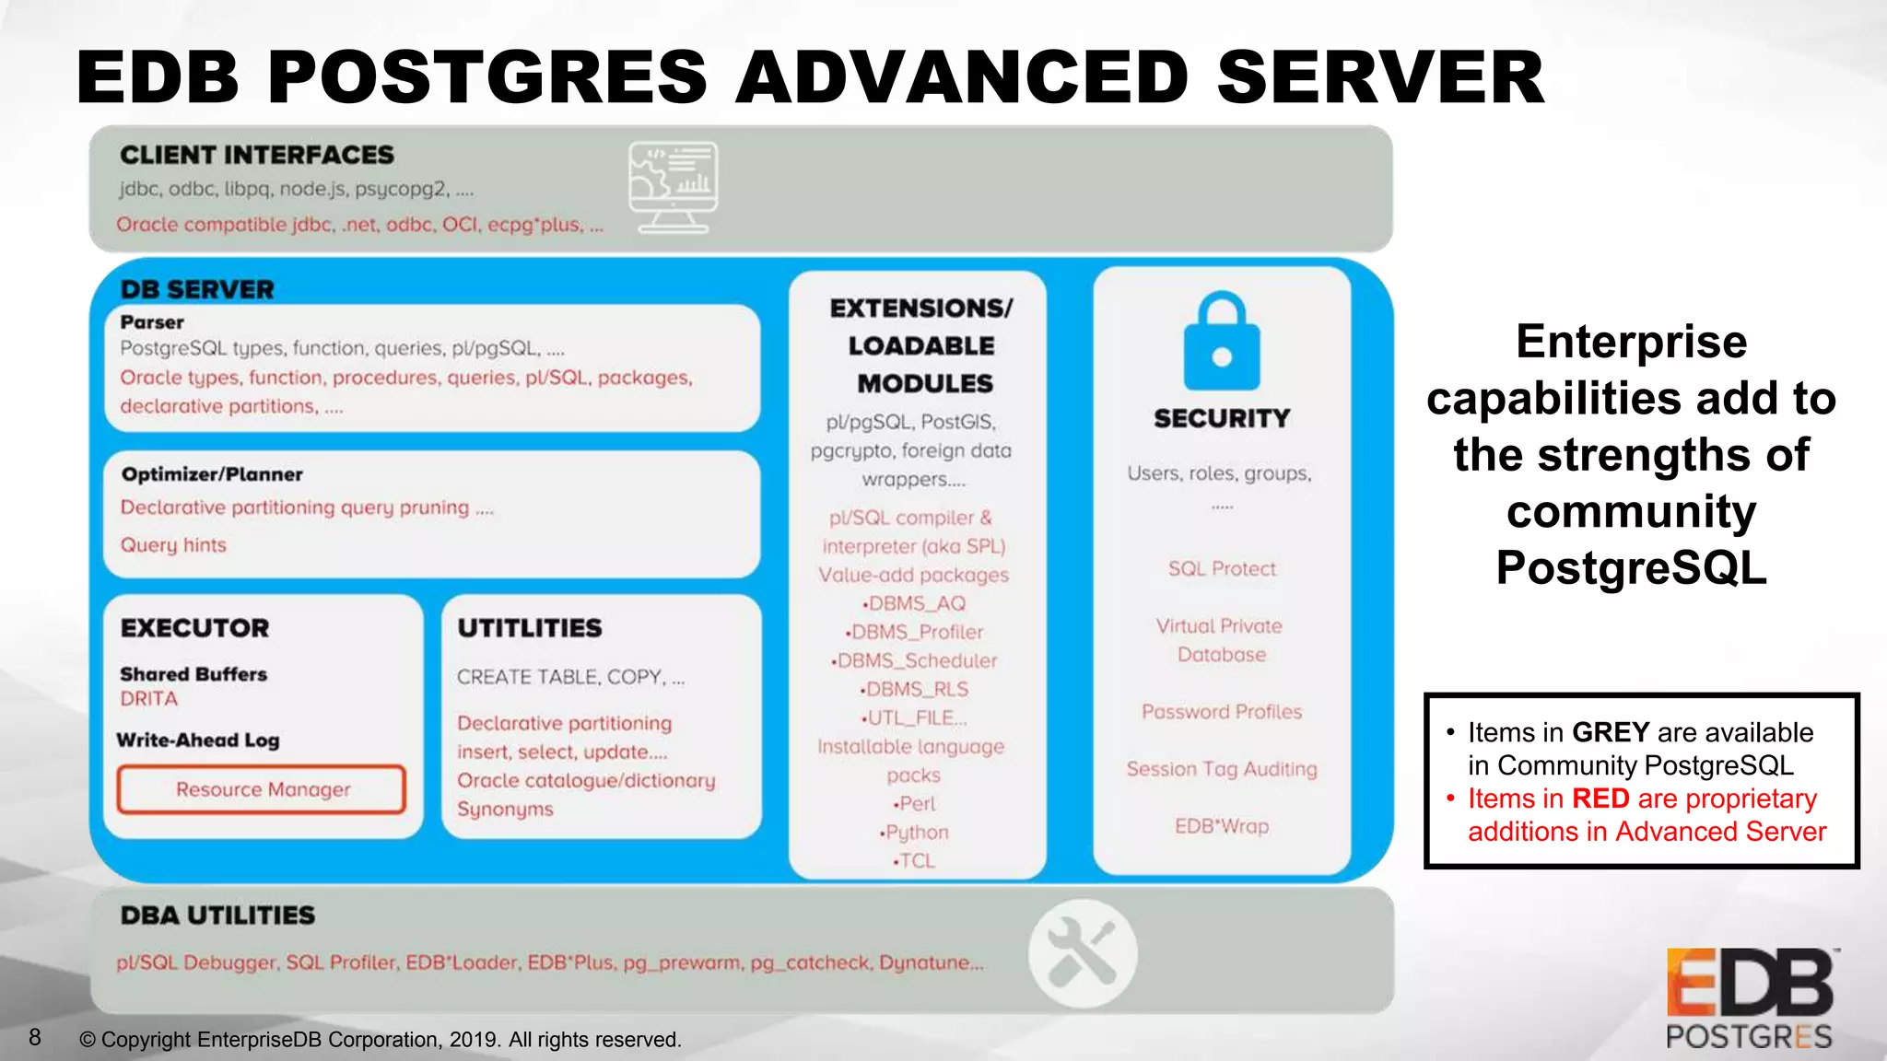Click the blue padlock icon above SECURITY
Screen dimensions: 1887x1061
[1222, 343]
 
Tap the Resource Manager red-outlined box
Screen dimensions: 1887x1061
[262, 789]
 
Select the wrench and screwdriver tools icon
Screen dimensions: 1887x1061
[1083, 953]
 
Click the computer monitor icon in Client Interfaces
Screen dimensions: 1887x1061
[673, 187]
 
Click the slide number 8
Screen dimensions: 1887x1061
[35, 1038]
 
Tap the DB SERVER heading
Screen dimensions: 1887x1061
[197, 289]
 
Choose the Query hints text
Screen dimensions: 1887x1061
[173, 545]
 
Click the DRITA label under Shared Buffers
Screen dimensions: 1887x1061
[149, 698]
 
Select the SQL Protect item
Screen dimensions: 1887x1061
[1222, 569]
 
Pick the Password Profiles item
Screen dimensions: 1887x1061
[1222, 712]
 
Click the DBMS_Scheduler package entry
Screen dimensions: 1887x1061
[915, 661]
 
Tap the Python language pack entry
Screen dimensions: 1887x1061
[915, 833]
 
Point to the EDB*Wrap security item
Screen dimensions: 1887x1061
[1222, 826]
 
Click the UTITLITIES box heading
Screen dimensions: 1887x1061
[530, 628]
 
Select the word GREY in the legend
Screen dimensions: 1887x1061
[1610, 732]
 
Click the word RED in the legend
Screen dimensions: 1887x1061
[1600, 799]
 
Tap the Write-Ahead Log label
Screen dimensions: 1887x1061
[198, 740]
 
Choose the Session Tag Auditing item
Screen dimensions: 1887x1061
[1222, 769]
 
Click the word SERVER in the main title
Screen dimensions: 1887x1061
[1379, 77]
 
